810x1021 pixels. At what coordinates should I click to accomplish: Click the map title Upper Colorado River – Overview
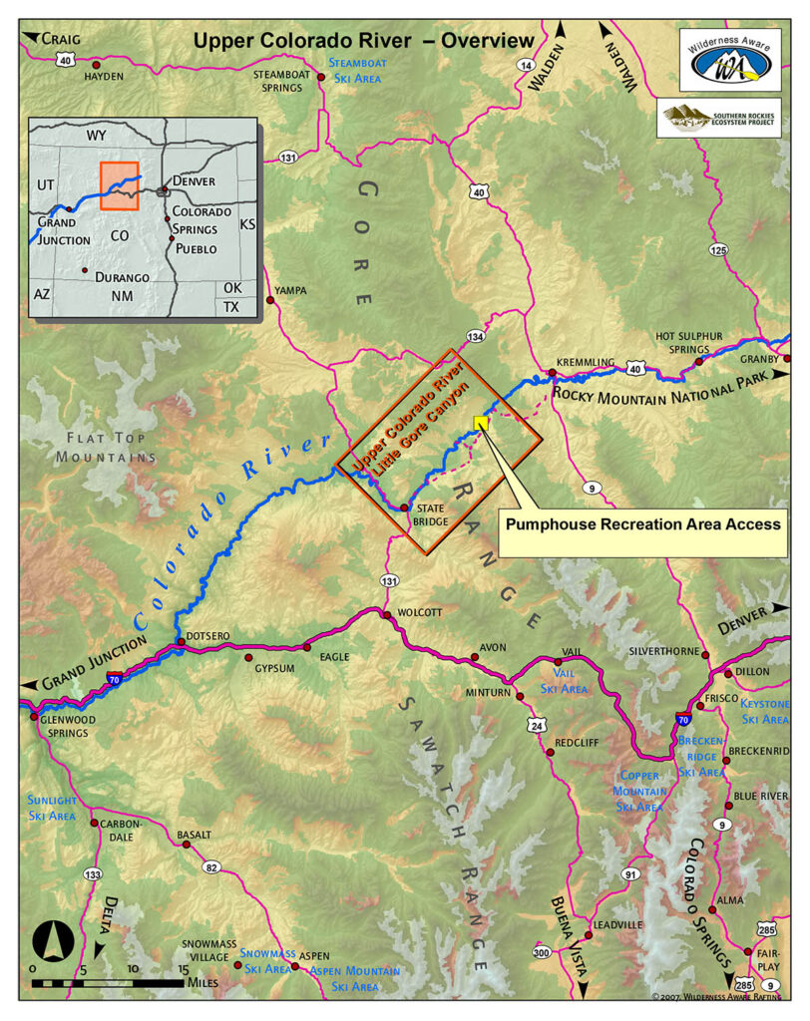pyautogui.click(x=363, y=40)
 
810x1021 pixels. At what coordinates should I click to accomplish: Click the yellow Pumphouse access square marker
pyautogui.click(x=481, y=422)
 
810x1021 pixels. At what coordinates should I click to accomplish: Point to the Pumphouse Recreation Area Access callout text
pyautogui.click(x=643, y=523)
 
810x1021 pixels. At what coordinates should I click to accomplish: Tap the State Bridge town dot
pyautogui.click(x=404, y=508)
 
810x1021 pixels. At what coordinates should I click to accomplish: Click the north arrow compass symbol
pyautogui.click(x=51, y=940)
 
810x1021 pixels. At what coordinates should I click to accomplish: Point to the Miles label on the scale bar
pyautogui.click(x=204, y=983)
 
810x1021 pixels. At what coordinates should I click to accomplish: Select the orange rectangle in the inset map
pyautogui.click(x=119, y=185)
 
